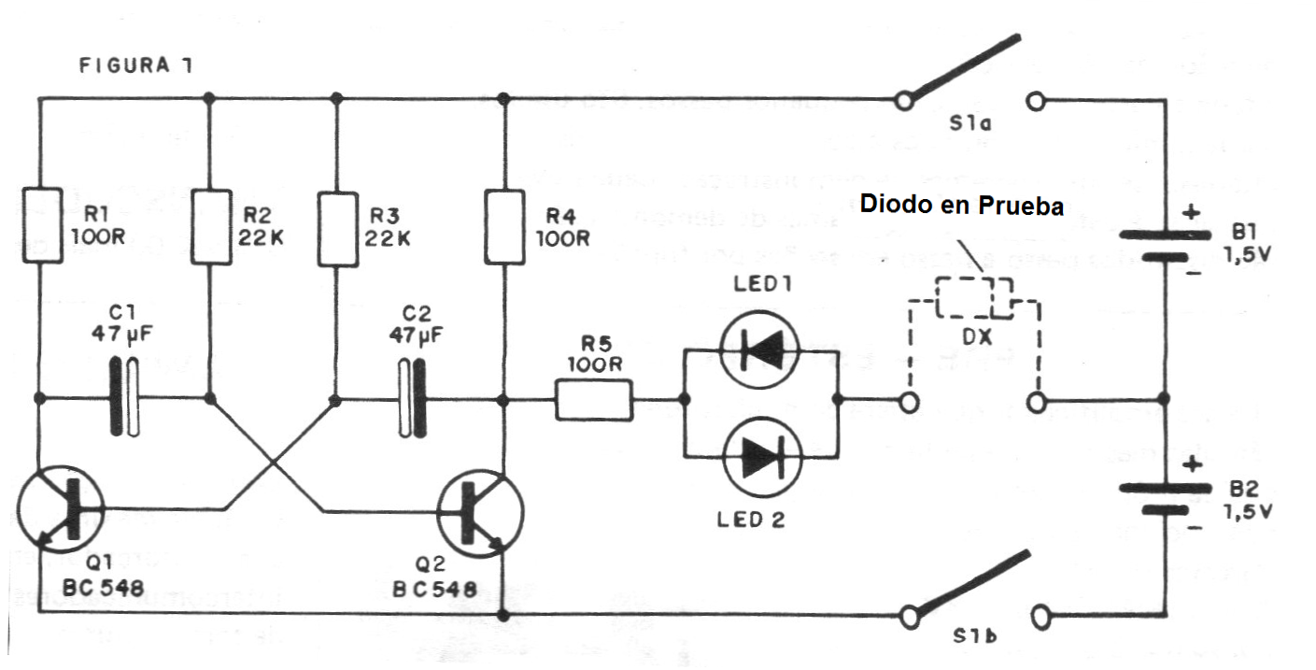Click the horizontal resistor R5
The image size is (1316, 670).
coord(594,400)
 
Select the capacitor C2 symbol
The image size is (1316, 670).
coord(411,400)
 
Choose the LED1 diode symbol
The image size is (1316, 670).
coord(759,349)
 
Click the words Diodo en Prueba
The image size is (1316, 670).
coord(962,205)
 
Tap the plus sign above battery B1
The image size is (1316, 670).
coord(1190,212)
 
